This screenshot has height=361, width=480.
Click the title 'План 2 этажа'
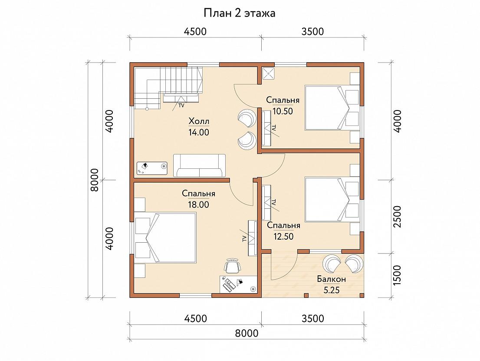pyautogui.click(x=240, y=13)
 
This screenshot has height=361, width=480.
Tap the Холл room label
pyautogui.click(x=199, y=121)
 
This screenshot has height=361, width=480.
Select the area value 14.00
pyautogui.click(x=199, y=132)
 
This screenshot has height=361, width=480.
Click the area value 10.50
pyautogui.click(x=283, y=111)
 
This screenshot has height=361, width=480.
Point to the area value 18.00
pyautogui.click(x=198, y=204)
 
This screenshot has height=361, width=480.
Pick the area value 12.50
pyautogui.click(x=283, y=237)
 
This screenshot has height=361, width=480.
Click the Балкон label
pyautogui.click(x=332, y=279)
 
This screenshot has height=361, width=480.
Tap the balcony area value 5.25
pyautogui.click(x=332, y=290)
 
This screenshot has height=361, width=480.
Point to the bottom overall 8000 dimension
pyautogui.click(x=247, y=333)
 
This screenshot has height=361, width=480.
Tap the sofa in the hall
pyautogui.click(x=199, y=165)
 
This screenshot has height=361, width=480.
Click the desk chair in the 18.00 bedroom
pyautogui.click(x=232, y=266)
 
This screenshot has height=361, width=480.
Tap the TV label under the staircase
pyautogui.click(x=181, y=106)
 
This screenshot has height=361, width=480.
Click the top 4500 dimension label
pyautogui.click(x=195, y=31)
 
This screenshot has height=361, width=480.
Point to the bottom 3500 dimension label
pyautogui.click(x=312, y=318)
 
